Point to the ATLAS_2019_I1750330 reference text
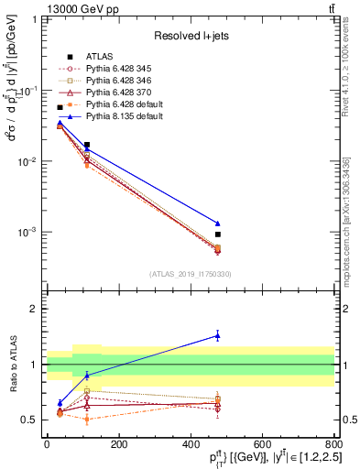point(190,273)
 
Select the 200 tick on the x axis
point(118,442)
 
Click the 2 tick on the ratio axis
point(37,309)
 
